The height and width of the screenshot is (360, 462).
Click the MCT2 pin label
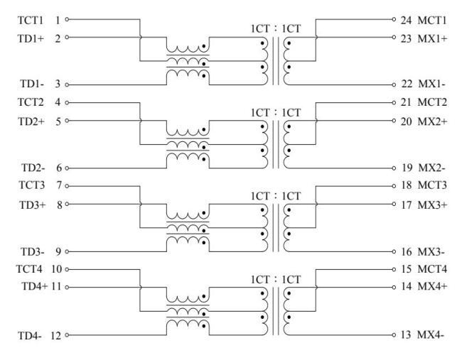(x=434, y=104)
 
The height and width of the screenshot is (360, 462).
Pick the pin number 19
(x=406, y=168)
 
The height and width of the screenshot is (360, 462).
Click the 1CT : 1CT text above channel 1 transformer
(x=280, y=28)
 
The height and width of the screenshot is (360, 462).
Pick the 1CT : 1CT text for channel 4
(x=280, y=279)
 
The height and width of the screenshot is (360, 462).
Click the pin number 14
(x=406, y=288)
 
